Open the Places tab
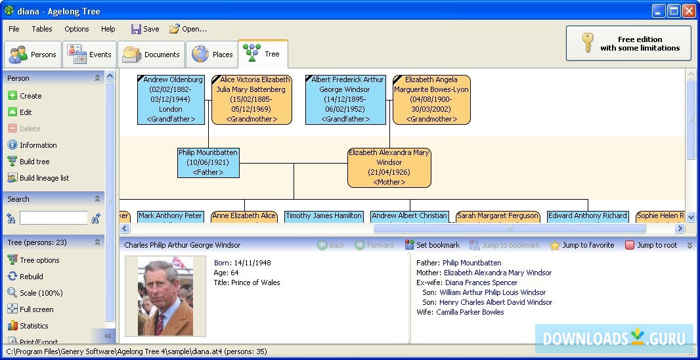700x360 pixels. (212, 55)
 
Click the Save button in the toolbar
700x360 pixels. (145, 29)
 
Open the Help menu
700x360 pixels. (108, 29)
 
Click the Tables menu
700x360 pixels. (42, 29)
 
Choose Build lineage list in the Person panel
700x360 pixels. (44, 178)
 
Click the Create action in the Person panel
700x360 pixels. (30, 96)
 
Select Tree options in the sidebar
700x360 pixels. (39, 260)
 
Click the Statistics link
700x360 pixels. (33, 326)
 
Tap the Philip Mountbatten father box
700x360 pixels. (208, 162)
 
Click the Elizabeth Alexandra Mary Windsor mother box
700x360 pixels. (389, 168)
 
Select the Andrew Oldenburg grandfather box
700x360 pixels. (171, 99)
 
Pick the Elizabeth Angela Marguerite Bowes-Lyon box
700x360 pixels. (431, 99)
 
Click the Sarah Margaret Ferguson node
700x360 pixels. (498, 216)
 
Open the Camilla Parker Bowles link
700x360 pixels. (470, 312)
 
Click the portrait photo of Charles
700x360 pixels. (165, 296)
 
